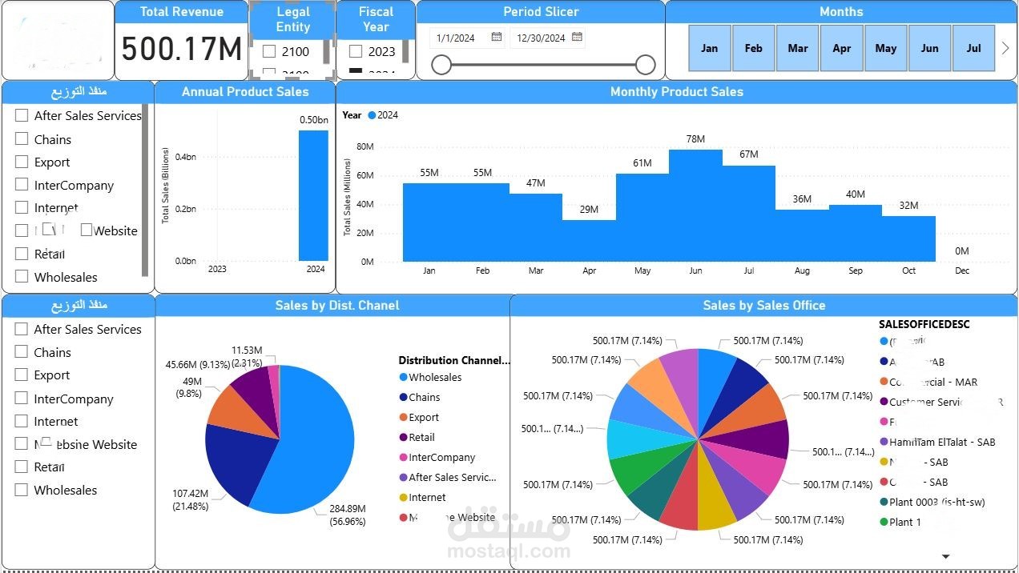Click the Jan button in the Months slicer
point(710,48)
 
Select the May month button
point(885,48)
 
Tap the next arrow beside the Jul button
point(1006,48)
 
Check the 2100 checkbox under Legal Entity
point(270,51)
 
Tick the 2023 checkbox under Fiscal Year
point(356,51)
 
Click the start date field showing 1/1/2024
point(456,38)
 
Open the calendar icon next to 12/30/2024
point(578,38)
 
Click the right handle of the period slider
point(646,65)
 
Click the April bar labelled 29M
point(589,241)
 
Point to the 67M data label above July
point(749,154)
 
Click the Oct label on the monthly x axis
point(908,270)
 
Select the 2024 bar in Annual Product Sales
point(313,195)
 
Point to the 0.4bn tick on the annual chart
point(185,157)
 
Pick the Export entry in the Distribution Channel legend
point(424,417)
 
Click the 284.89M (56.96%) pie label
point(347,515)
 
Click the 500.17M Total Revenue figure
point(182,50)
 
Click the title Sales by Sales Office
point(763,305)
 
